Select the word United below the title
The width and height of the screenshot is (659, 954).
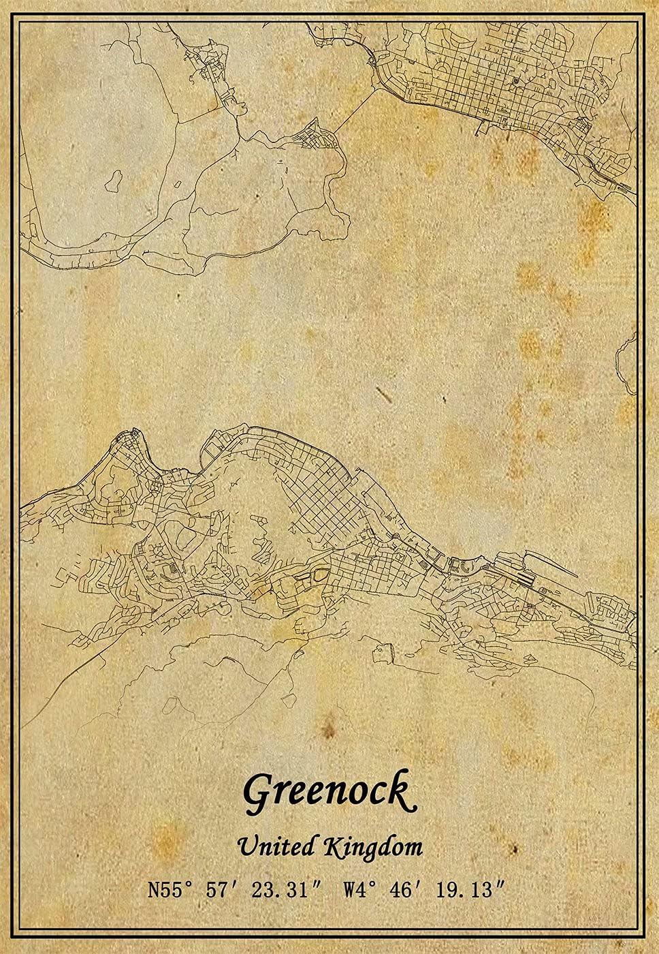(276, 847)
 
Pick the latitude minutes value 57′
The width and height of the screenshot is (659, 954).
(221, 889)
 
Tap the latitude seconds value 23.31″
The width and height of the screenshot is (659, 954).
(281, 889)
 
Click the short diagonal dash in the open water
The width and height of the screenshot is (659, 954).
(383, 394)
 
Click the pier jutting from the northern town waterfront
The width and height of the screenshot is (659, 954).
(482, 127)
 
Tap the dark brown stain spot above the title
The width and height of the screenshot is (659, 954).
(329, 730)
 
